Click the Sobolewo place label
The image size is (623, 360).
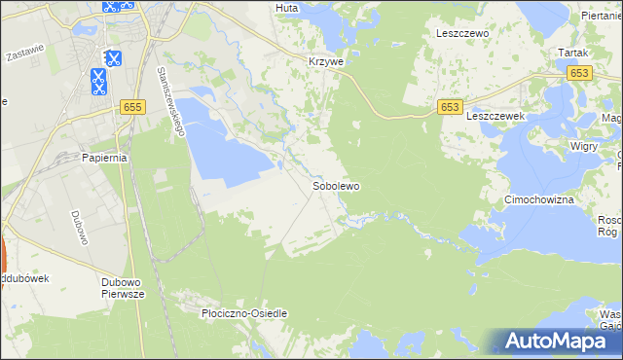click(336, 186)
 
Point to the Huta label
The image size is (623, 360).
click(286, 7)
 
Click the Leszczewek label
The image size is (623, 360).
click(495, 115)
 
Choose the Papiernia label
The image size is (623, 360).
click(106, 158)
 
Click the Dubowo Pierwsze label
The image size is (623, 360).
click(123, 288)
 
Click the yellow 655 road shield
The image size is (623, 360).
click(134, 105)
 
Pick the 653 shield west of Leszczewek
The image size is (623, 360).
click(449, 106)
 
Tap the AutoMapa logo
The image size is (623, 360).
click(562, 340)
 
